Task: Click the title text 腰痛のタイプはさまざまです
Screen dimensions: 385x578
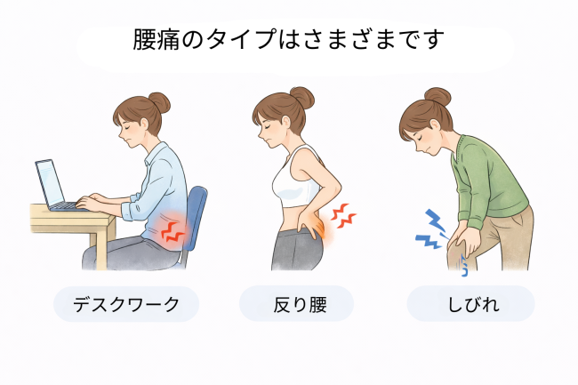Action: [x=288, y=41]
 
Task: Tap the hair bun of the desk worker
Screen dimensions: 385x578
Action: [x=158, y=100]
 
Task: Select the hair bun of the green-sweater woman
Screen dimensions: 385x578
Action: [x=438, y=95]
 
